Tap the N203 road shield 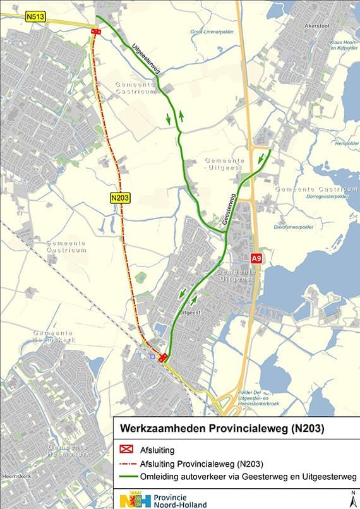click(119, 198)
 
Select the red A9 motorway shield click(256, 258)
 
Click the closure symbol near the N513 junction click(95, 32)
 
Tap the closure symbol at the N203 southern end click(163, 358)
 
